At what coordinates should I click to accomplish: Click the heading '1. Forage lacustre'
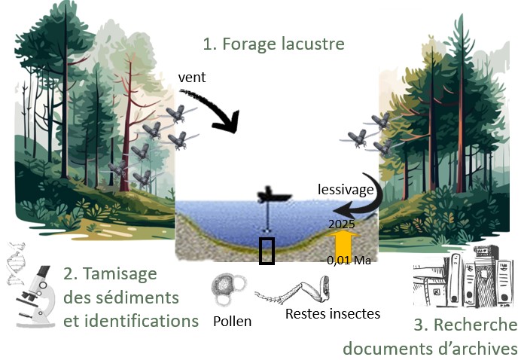[273, 44]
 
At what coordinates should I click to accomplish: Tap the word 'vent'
[193, 78]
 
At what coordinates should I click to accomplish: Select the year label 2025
[341, 224]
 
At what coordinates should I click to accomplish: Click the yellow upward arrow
[343, 245]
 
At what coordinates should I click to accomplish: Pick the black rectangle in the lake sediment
[267, 252]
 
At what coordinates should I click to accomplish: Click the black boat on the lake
[273, 198]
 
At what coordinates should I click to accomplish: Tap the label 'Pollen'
[232, 320]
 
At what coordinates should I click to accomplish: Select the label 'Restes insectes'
[333, 313]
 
